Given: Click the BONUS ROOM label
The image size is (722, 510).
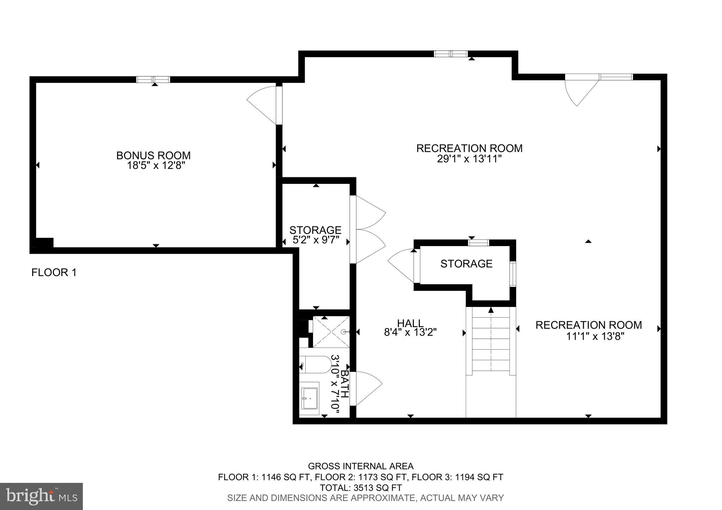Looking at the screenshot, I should click(x=153, y=155).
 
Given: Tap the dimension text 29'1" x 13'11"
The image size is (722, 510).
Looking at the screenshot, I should click(x=469, y=159).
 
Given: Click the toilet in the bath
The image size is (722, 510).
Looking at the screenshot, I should click(x=316, y=364).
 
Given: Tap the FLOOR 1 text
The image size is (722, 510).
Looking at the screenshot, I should click(x=54, y=272).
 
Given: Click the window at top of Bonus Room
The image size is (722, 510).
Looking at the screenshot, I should click(x=153, y=79).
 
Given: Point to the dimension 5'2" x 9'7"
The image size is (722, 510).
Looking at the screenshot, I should click(x=316, y=240).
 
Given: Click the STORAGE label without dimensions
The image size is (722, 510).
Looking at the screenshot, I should click(x=466, y=264).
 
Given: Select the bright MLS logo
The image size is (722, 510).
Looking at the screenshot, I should click(x=41, y=496).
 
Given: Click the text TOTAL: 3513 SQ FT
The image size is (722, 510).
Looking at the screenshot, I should click(x=361, y=488).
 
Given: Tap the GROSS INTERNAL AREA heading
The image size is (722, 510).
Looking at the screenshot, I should click(x=361, y=466).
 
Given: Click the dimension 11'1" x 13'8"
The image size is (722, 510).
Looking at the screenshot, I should click(x=595, y=336).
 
